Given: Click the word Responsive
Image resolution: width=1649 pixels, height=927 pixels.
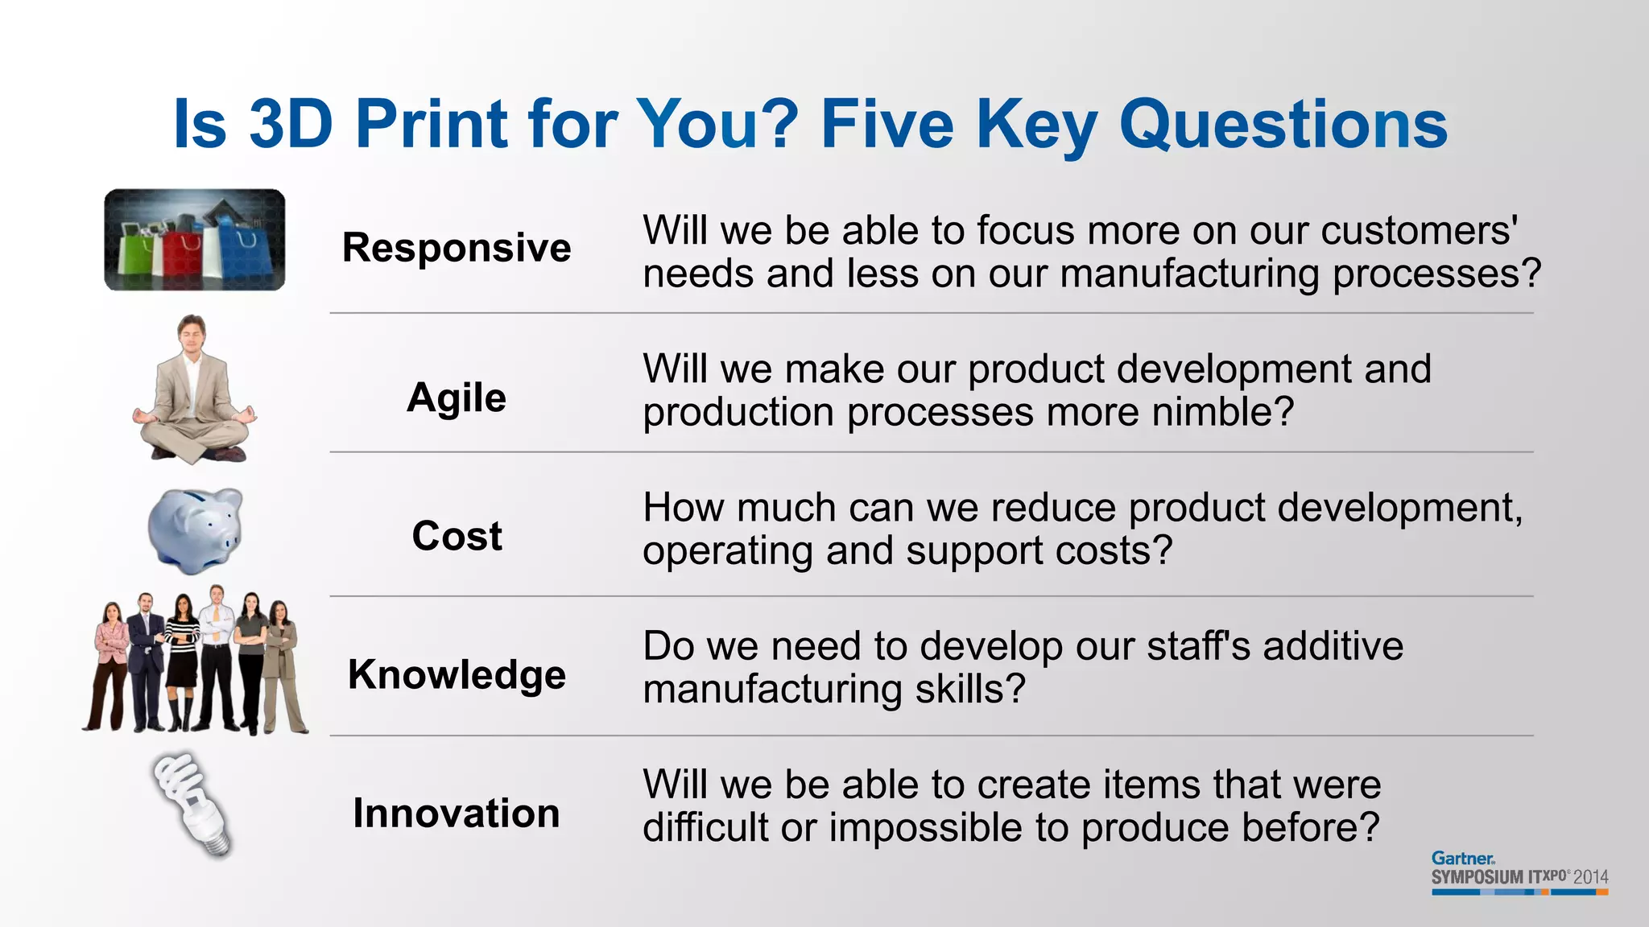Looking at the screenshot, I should click(457, 247).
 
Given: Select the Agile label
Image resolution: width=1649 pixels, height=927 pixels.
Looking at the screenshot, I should click(457, 398).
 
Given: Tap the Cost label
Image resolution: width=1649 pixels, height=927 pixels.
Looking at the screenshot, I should click(457, 536).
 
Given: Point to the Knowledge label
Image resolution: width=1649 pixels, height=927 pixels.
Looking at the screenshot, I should click(457, 674).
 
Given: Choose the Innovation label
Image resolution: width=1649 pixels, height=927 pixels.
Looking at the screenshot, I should click(457, 813).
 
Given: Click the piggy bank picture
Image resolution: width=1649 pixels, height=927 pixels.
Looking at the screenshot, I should click(196, 530).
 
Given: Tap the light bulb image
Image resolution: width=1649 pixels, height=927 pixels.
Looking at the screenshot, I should click(193, 805).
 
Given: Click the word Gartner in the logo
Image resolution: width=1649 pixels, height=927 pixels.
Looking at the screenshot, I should click(1462, 859).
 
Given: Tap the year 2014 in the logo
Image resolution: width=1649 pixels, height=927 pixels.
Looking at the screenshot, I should click(1590, 877).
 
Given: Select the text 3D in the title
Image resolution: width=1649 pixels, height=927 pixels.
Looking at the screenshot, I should click(291, 125).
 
